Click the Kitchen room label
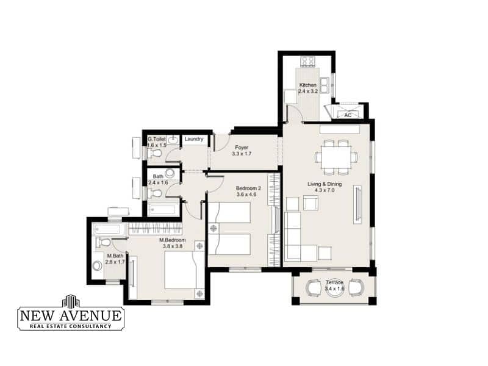pos(308,85)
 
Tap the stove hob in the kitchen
pos(308,61)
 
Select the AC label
pos(348,115)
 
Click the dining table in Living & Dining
pos(336,157)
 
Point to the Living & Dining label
pos(325,184)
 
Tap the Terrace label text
pos(334,282)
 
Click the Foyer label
pos(242,148)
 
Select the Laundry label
pos(194,139)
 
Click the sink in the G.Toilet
pos(174,139)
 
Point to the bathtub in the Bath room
pos(163,209)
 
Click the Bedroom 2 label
pos(248,188)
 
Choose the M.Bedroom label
pos(173,240)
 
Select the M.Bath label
pos(115,256)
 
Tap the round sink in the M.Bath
pos(98,266)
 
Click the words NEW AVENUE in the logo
pos(71,315)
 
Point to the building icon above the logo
pos(71,301)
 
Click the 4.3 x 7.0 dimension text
pos(325,190)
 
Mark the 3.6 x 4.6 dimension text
pos(246,195)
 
